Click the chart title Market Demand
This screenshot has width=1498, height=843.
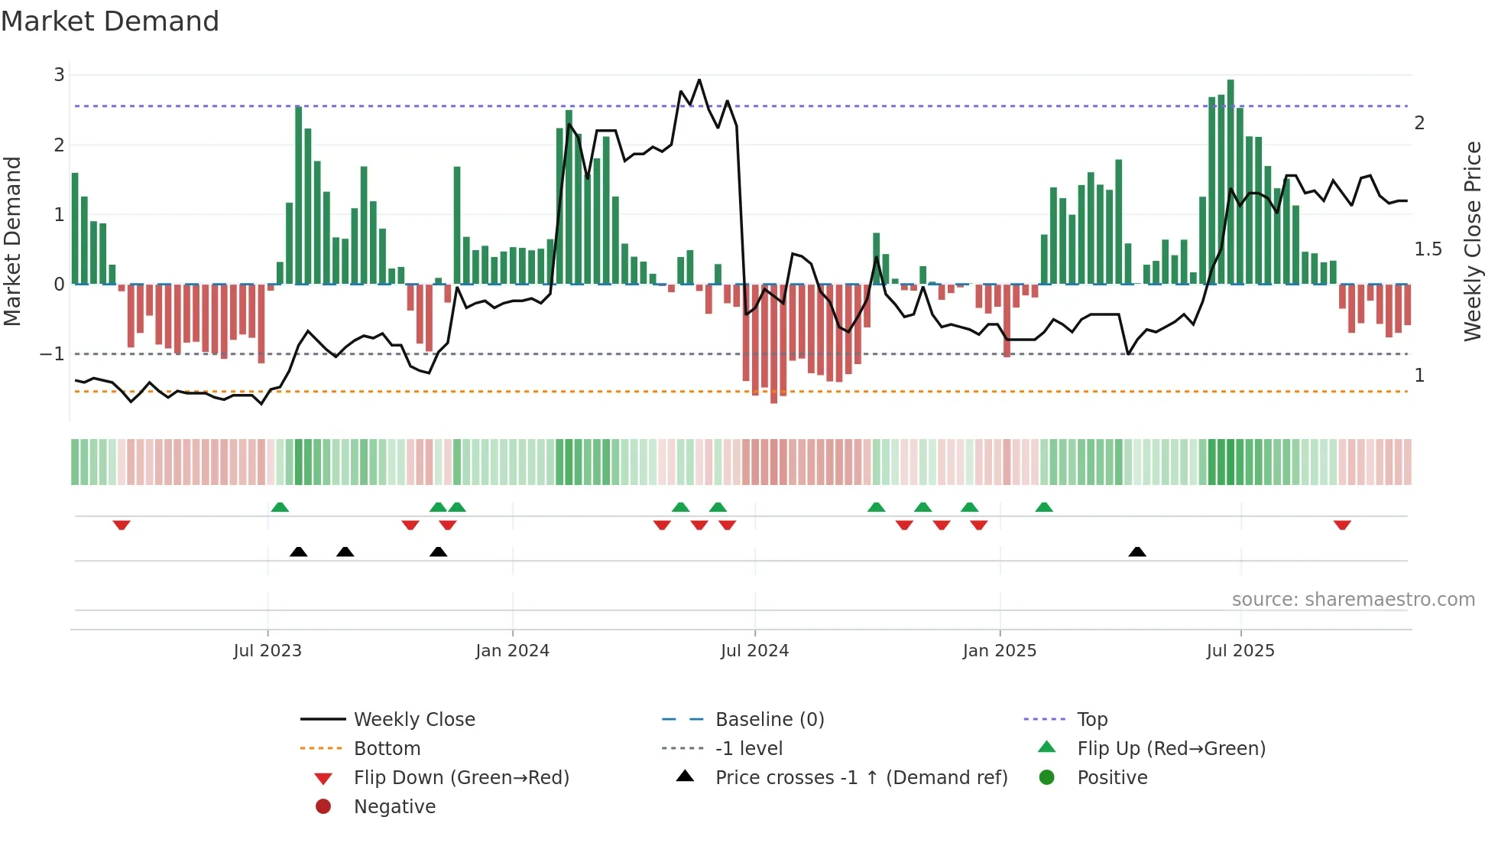[x=110, y=21]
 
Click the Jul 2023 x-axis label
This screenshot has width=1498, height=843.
[x=267, y=651]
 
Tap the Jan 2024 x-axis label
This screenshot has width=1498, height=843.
[x=512, y=651]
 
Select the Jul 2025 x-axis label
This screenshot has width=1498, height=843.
[x=1240, y=651]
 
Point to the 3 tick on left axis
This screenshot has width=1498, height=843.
[x=59, y=75]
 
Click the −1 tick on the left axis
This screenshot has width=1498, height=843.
[x=52, y=354]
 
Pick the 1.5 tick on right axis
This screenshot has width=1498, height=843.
[x=1428, y=249]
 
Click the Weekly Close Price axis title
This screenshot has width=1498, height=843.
[x=1473, y=241]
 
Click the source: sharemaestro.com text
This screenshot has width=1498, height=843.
[x=1353, y=600]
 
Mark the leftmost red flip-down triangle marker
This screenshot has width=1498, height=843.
[x=122, y=525]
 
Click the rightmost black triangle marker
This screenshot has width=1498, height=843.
[x=1137, y=552]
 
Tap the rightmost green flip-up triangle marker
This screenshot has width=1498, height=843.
[x=1044, y=507]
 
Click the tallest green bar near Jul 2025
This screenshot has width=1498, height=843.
[x=1230, y=182]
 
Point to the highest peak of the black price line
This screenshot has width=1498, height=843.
[x=699, y=80]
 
